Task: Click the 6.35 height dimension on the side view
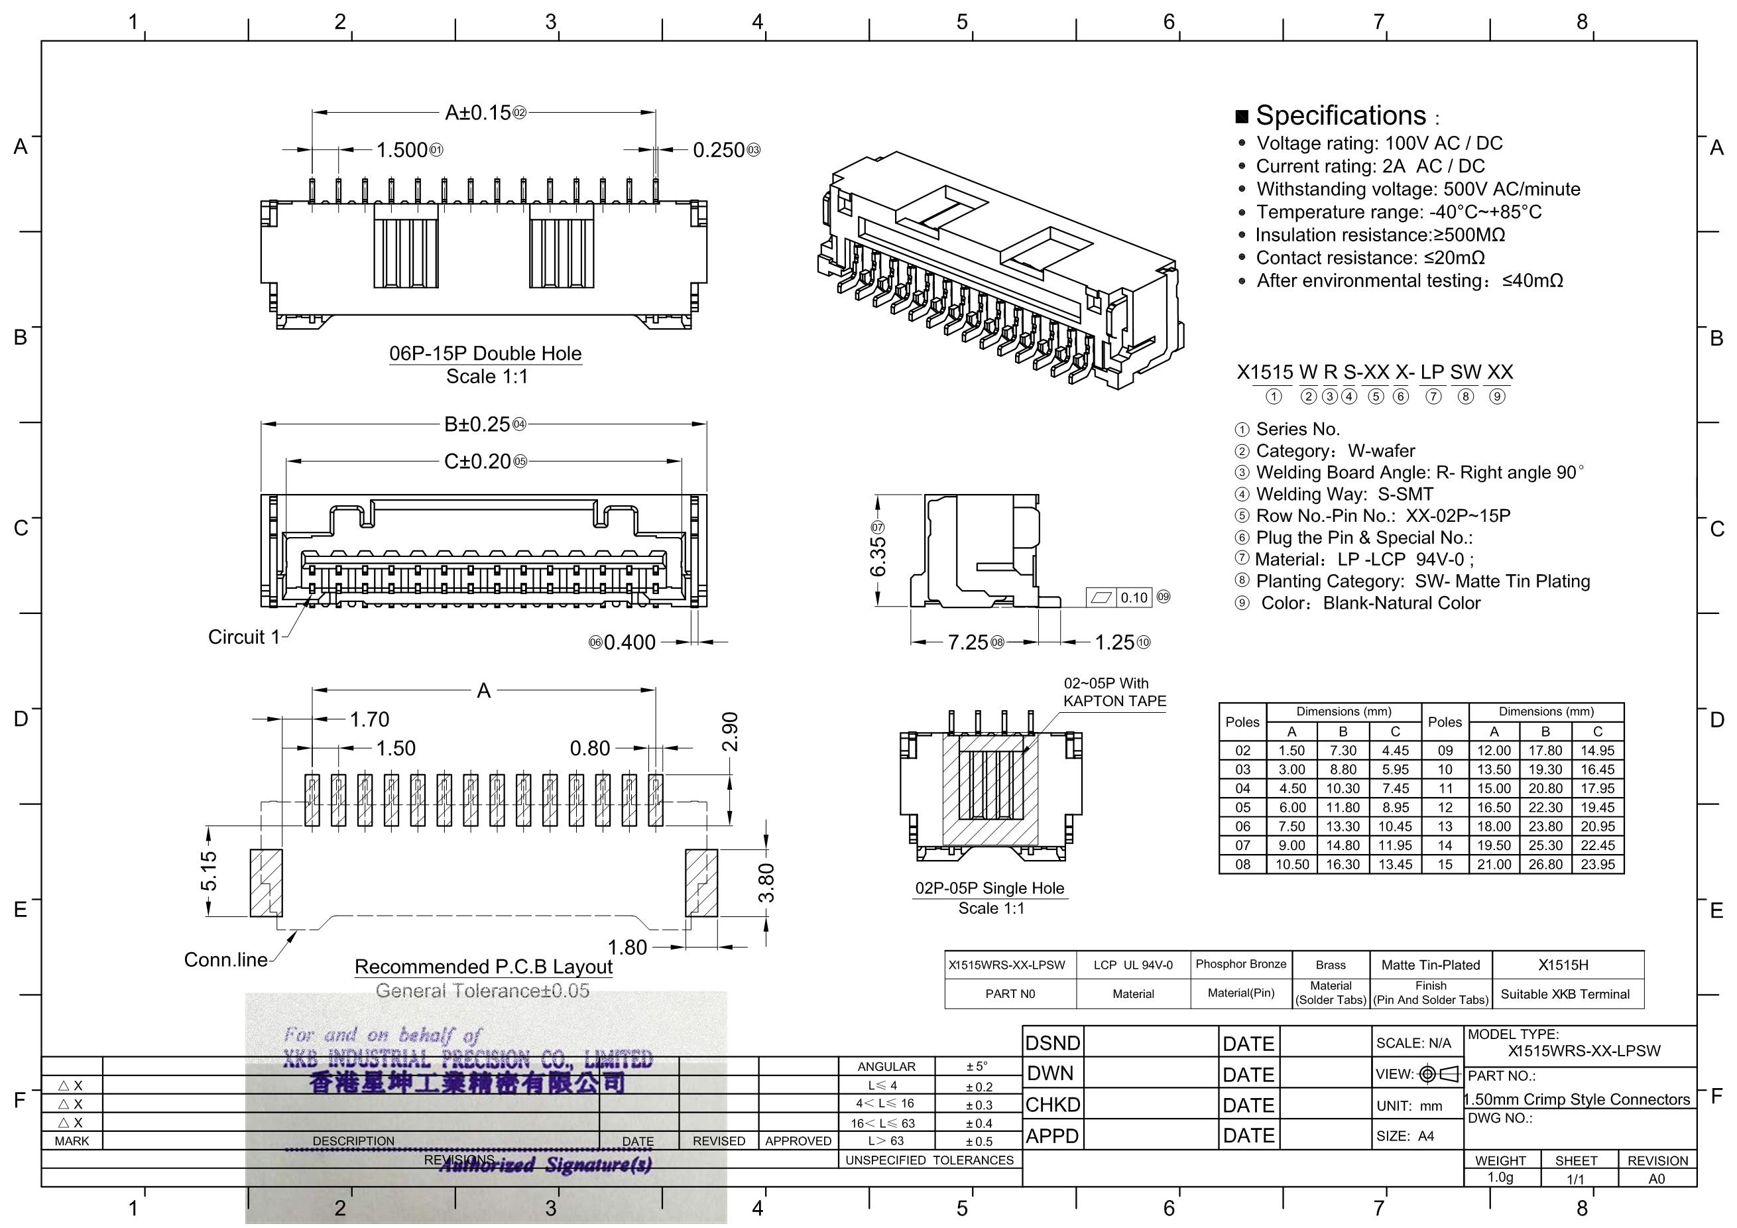tap(878, 558)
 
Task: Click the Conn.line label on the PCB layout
tap(225, 959)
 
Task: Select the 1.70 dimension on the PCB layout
tap(369, 719)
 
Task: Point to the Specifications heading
tap(1340, 116)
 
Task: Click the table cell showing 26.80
tap(1545, 864)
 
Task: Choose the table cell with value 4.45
tap(1395, 751)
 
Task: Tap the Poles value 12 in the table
tap(1445, 808)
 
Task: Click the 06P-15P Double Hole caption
tap(485, 353)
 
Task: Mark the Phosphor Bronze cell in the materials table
tap(1240, 964)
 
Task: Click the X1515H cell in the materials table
tap(1563, 965)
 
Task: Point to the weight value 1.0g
tap(1500, 1178)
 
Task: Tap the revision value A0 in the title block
tap(1656, 1178)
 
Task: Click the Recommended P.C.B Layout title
tap(483, 967)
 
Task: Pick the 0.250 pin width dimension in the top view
tap(719, 150)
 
